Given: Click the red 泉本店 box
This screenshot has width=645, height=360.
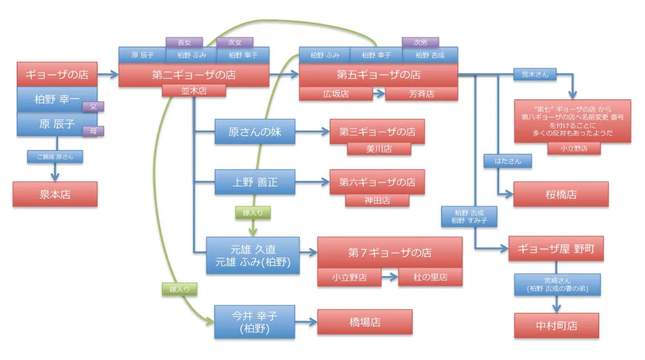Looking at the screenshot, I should (55, 194).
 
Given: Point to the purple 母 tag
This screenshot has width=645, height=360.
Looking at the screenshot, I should (94, 132).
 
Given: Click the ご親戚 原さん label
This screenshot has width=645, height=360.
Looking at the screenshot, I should (55, 157).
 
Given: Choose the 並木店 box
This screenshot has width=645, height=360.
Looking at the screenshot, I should (193, 91).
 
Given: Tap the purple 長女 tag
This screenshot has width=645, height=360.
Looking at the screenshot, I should (184, 42).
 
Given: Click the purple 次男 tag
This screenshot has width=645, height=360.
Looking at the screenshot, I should (420, 42).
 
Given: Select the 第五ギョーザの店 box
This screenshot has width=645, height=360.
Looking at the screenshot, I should (378, 75).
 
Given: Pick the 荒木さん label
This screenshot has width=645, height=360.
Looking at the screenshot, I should (535, 74).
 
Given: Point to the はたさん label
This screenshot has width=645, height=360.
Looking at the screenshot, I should (508, 161).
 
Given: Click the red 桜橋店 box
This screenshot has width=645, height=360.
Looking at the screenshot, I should (561, 194).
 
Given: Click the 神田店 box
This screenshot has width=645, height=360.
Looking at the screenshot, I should (377, 200).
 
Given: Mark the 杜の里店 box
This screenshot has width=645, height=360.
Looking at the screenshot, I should (431, 277).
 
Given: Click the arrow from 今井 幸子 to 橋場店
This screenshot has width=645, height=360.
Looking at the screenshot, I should (306, 321).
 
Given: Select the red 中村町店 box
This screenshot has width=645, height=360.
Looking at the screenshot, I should (556, 326).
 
